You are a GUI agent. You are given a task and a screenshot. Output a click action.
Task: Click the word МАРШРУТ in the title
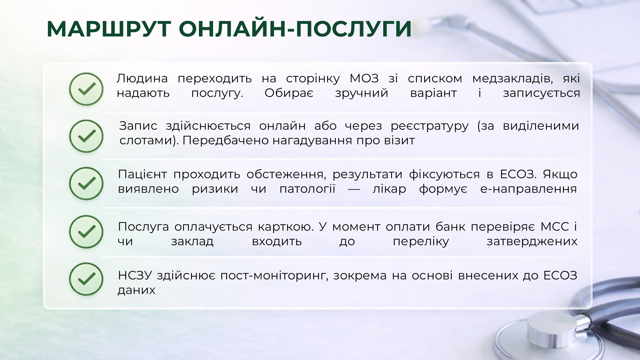click(x=109, y=29)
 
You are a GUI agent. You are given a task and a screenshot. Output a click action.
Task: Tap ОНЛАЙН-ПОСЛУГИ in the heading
click(x=295, y=29)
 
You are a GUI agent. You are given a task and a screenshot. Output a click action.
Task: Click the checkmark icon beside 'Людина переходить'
click(x=86, y=89)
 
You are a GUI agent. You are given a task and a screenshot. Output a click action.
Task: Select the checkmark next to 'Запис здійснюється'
click(x=86, y=136)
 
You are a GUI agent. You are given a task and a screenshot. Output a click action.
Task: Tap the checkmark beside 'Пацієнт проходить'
click(x=86, y=183)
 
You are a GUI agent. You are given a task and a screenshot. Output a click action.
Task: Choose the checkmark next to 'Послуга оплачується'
click(x=86, y=232)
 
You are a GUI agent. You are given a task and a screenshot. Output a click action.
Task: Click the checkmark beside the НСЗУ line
click(x=86, y=279)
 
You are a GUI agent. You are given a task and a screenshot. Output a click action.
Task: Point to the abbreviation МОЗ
click(x=364, y=79)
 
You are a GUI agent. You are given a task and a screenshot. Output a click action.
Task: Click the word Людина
click(x=142, y=79)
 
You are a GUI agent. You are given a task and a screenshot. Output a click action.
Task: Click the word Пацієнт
click(x=142, y=175)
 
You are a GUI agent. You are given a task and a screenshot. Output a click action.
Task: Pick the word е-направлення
click(x=529, y=190)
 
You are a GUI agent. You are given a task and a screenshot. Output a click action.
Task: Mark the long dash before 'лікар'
click(x=354, y=190)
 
